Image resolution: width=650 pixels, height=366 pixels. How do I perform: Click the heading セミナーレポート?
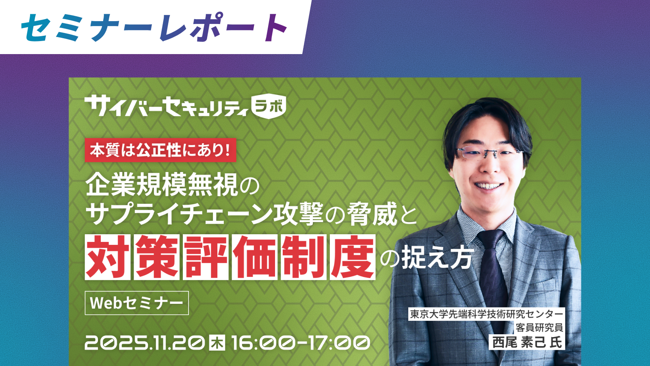[x=154, y=27]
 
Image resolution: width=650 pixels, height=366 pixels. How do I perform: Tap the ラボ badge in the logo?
[x=269, y=107]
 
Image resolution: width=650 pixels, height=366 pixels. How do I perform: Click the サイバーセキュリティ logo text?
[x=167, y=106]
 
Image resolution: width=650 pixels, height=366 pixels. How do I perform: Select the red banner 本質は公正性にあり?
[x=160, y=150]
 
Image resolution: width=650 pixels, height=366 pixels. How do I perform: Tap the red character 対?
[x=108, y=257]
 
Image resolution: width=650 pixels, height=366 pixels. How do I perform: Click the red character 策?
[x=157, y=257]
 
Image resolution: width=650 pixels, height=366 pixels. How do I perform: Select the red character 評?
[x=206, y=257]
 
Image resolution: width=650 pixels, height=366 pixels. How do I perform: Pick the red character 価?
[x=254, y=257]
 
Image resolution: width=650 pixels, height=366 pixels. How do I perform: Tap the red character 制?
[x=303, y=257]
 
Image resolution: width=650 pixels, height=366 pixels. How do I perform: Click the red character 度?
[x=352, y=257]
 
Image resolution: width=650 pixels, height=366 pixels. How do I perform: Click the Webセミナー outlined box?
[x=136, y=303]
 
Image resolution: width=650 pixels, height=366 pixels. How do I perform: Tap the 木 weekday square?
[x=217, y=343]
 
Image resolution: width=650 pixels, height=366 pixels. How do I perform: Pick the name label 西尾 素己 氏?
[x=527, y=342]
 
